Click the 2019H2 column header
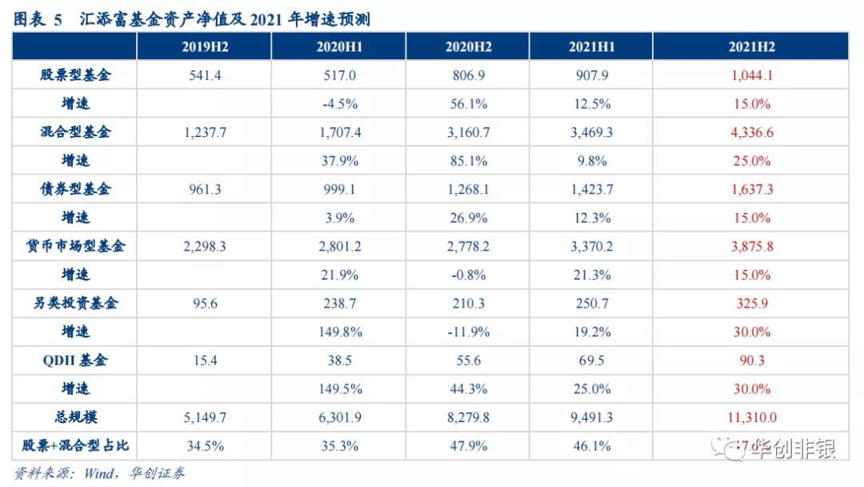pyautogui.click(x=204, y=46)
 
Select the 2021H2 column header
pyautogui.click(x=751, y=46)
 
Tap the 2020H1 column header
pyautogui.click(x=339, y=46)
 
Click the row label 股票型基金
pyautogui.click(x=75, y=75)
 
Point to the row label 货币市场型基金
pyautogui.click(x=75, y=246)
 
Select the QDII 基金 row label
pyautogui.click(x=75, y=360)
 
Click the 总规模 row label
pyautogui.click(x=75, y=417)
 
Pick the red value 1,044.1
pyautogui.click(x=751, y=75)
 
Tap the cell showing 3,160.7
pyautogui.click(x=468, y=132)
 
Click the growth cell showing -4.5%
pyautogui.click(x=339, y=104)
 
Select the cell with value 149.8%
pyautogui.click(x=339, y=332)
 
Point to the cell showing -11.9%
pyautogui.click(x=468, y=332)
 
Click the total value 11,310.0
pyautogui.click(x=751, y=417)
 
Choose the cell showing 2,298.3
pyautogui.click(x=204, y=246)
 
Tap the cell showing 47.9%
pyautogui.click(x=468, y=445)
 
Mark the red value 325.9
pyautogui.click(x=751, y=304)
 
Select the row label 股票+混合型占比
pyautogui.click(x=75, y=445)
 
